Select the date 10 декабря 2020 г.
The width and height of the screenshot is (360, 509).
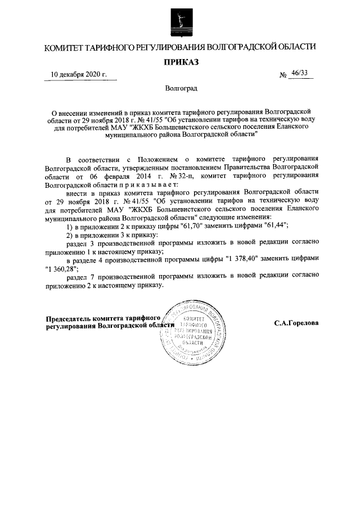(x=79, y=75)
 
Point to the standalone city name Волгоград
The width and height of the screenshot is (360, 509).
(x=181, y=88)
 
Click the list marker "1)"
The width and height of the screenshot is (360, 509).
(x=70, y=226)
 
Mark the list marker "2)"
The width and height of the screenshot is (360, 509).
(x=70, y=234)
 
